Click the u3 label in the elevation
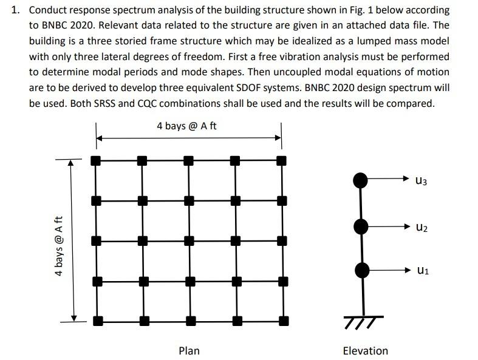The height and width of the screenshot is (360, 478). (x=422, y=180)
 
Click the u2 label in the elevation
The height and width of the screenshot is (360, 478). (x=422, y=228)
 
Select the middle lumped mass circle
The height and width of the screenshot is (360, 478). (x=361, y=226)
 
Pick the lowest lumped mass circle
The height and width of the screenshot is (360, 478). (x=361, y=269)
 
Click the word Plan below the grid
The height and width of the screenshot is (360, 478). (x=189, y=350)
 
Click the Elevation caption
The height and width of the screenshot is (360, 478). (x=365, y=350)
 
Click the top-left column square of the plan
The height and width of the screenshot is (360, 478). (x=95, y=161)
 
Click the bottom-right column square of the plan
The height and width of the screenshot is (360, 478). (x=281, y=319)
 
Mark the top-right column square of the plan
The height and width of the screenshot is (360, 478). (x=281, y=161)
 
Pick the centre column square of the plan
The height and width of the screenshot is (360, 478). (x=188, y=240)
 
